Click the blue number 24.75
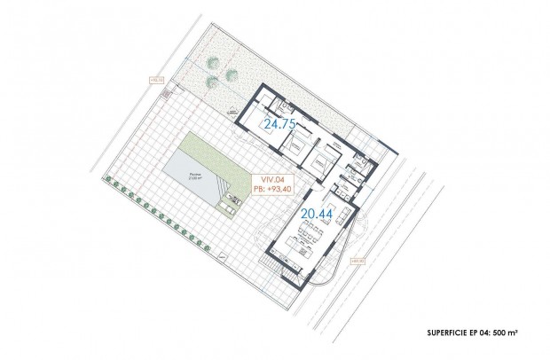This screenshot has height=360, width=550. tap(277, 126)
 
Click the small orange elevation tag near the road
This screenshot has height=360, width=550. tap(357, 261)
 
